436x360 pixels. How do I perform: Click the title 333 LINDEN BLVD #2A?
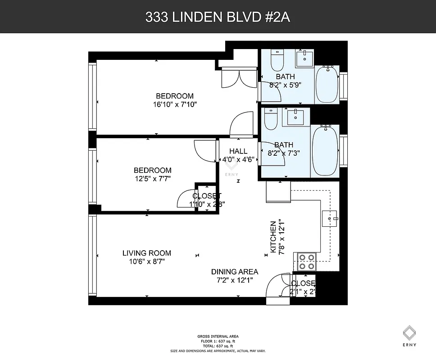click(x=218, y=17)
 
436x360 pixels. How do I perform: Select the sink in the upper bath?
click(x=305, y=58)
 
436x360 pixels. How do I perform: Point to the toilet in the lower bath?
click(x=271, y=119)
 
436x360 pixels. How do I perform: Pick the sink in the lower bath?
click(x=296, y=117)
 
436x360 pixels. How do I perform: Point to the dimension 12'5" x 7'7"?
click(x=152, y=179)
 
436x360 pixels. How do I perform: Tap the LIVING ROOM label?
click(x=147, y=253)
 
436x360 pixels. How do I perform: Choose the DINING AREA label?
click(x=235, y=271)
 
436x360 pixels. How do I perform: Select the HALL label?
click(x=238, y=151)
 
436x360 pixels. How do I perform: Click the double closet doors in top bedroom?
click(x=239, y=77)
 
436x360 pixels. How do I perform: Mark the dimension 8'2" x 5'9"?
click(x=285, y=84)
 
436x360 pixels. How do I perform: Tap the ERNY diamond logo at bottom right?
click(x=409, y=333)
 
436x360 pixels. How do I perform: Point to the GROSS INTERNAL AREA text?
click(x=218, y=336)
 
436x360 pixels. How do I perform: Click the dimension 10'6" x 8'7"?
click(x=147, y=261)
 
